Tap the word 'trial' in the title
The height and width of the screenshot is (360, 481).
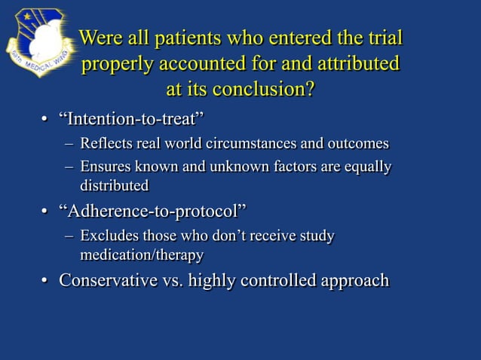tap(382, 38)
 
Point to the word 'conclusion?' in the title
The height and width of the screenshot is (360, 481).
tap(264, 89)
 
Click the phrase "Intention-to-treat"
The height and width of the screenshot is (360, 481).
tap(132, 119)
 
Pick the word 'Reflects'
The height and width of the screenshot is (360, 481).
tap(107, 143)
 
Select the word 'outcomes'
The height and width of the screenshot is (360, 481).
tap(358, 143)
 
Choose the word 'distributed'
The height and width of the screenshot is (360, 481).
tap(115, 185)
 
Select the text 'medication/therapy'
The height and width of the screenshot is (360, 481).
tap(142, 255)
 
